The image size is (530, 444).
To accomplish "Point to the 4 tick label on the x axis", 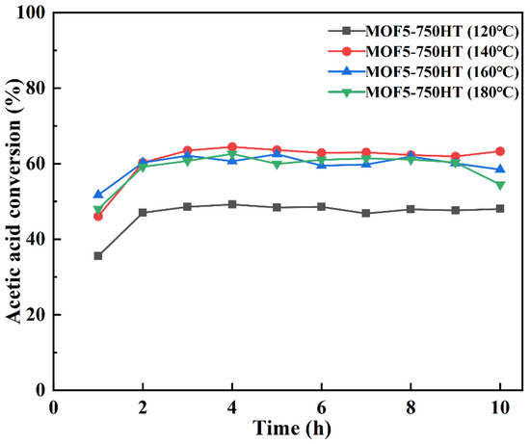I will click(x=231, y=406).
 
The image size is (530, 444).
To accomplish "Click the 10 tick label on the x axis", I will click(x=499, y=406).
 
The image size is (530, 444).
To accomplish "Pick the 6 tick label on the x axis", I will click(x=321, y=406).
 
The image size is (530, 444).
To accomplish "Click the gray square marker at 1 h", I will click(x=98, y=256).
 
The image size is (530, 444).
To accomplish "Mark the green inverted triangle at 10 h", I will click(x=499, y=185).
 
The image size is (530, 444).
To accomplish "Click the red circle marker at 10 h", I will click(x=499, y=151).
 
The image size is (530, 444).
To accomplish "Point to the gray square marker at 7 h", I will click(x=365, y=213).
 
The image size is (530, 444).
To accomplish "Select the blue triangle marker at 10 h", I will click(x=499, y=169).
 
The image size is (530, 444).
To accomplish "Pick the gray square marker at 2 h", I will click(x=143, y=213).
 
